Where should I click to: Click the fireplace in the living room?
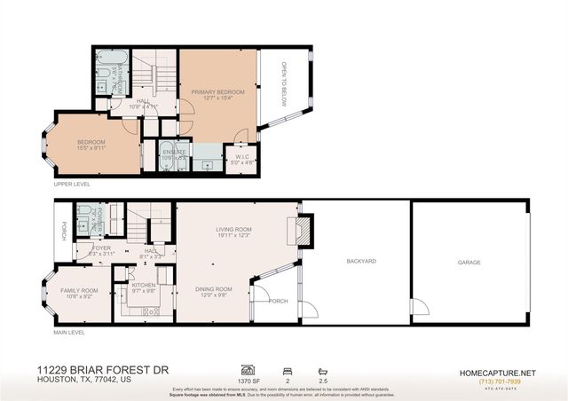[x=302, y=232]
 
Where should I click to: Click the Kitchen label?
[x=144, y=286]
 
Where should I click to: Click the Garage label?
[x=469, y=263]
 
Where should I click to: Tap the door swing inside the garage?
[x=421, y=307]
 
